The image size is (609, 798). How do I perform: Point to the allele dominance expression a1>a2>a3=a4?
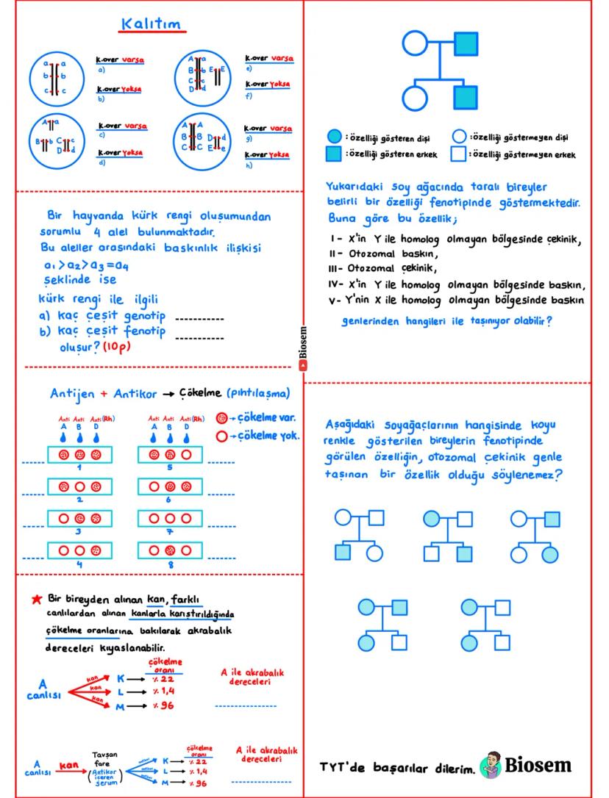[87, 265]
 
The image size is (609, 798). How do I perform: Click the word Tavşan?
[104, 755]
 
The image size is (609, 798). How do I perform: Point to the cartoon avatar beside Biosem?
[491, 766]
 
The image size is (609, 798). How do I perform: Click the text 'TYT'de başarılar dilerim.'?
[396, 767]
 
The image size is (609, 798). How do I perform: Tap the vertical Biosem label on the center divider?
[303, 346]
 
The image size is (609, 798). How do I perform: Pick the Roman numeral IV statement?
[456, 285]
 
